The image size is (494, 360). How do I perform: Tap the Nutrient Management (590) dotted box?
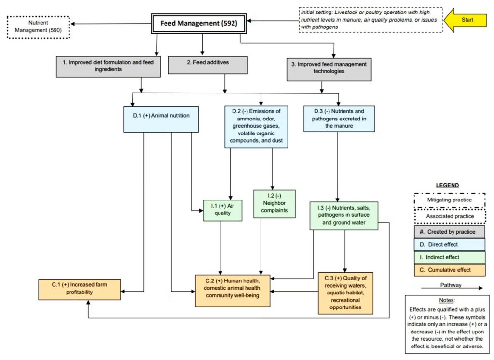(x=39, y=27)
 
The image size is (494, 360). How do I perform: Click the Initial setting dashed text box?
(x=370, y=20)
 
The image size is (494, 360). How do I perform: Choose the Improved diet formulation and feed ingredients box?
(x=107, y=66)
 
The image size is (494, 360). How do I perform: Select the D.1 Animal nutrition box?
(x=161, y=119)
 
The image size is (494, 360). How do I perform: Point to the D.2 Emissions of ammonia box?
(x=256, y=126)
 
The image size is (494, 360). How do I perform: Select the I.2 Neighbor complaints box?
(x=274, y=204)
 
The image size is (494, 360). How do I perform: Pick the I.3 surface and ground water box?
(x=344, y=215)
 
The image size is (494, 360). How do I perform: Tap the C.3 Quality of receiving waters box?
(x=345, y=293)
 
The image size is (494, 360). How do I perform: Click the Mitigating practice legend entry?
(x=449, y=200)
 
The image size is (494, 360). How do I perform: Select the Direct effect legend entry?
(x=449, y=244)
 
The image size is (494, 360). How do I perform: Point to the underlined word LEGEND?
(x=447, y=185)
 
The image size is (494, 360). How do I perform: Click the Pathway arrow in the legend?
(x=451, y=289)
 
